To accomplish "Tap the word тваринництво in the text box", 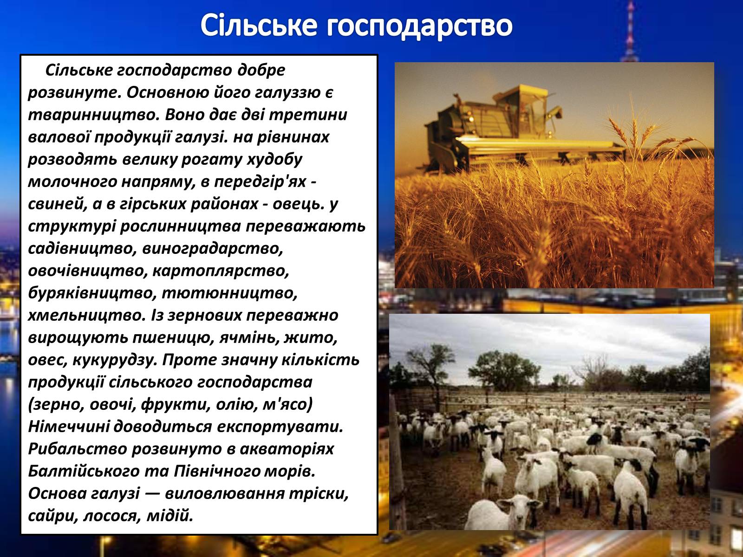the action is pyautogui.click(x=93, y=115).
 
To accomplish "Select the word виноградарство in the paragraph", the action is pyautogui.click(x=213, y=249).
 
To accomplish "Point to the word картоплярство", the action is pyautogui.click(x=221, y=271).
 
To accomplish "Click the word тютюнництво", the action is pyautogui.click(x=229, y=293).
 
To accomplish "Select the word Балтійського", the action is pyautogui.click(x=84, y=472).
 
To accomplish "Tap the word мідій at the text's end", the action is pyautogui.click(x=169, y=516).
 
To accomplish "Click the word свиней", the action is pyautogui.click(x=58, y=204).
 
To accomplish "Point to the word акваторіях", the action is pyautogui.click(x=287, y=449).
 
